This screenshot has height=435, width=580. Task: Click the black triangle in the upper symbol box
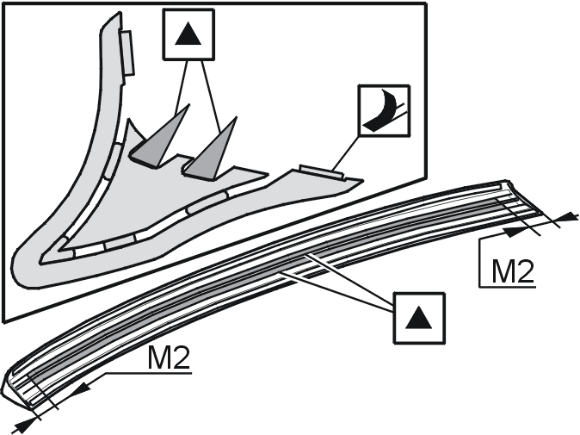click(188, 34)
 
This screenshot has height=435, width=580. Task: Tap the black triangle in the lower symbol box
click(419, 318)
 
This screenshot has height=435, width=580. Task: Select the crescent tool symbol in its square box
click(382, 111)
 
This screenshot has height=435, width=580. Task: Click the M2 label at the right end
click(513, 271)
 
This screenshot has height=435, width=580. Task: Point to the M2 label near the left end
click(169, 357)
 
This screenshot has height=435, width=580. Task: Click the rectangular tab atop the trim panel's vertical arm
click(126, 53)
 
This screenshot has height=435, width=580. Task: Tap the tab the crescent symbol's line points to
click(321, 172)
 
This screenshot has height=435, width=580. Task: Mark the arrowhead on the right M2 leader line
click(515, 232)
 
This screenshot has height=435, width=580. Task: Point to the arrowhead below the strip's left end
click(27, 422)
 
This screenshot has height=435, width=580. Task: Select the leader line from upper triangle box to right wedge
click(211, 96)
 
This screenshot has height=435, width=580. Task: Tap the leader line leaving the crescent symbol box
click(345, 153)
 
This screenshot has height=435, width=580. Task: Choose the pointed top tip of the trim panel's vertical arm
click(119, 13)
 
